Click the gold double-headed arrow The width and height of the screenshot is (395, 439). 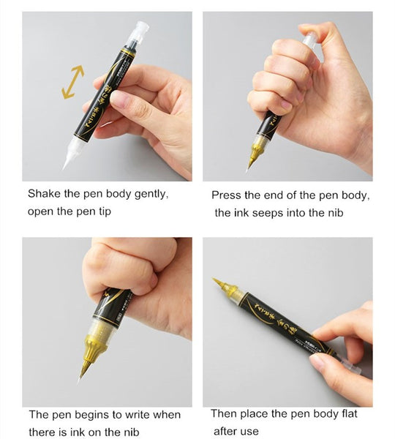73,82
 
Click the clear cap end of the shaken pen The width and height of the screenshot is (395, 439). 138,33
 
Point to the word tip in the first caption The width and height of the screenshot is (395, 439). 105,212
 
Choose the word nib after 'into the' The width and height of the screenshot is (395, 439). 335,213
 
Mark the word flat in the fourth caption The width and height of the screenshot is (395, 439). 349,413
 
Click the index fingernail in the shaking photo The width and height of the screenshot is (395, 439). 119,97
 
